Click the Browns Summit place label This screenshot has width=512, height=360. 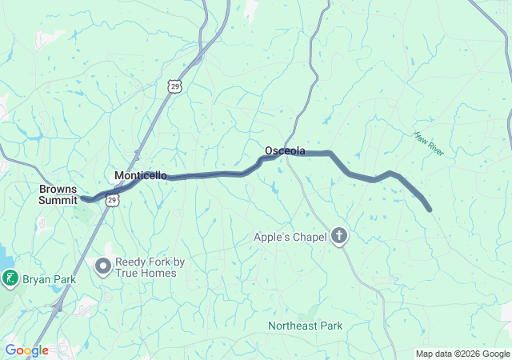[x=58, y=194]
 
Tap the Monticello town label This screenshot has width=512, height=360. [x=141, y=175]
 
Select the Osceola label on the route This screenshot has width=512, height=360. [x=285, y=150]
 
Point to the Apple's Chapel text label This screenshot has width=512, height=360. [x=290, y=237]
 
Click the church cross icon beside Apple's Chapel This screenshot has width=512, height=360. [x=340, y=236]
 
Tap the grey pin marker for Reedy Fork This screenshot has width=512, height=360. [x=103, y=267]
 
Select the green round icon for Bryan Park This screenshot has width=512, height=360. [x=10, y=279]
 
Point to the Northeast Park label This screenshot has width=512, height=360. [x=305, y=326]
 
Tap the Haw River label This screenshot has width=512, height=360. [x=430, y=145]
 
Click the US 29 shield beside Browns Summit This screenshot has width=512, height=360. [x=113, y=200]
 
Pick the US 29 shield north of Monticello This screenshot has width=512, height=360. [x=175, y=85]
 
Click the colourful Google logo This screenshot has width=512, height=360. [x=26, y=350]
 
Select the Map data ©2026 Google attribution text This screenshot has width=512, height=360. [x=462, y=354]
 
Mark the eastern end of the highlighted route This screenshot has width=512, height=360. [x=430, y=210]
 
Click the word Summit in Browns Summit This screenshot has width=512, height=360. [x=58, y=200]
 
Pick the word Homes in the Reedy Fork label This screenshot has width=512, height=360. [x=160, y=273]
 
